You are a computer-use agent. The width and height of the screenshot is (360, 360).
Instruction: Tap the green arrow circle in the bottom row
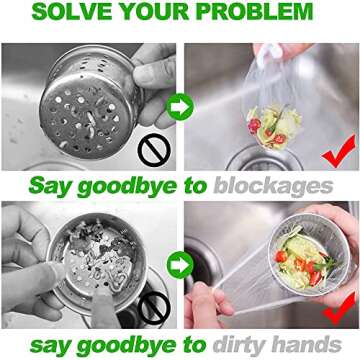(179, 265)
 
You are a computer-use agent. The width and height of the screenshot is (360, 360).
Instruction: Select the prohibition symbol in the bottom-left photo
(152, 306)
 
